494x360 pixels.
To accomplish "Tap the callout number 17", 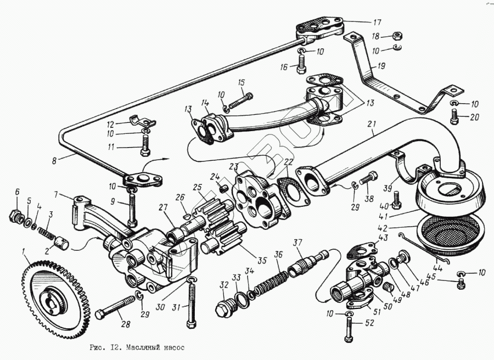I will [377, 22].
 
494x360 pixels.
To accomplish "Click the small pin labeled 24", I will [224, 190].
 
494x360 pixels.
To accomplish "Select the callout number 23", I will [234, 167].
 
